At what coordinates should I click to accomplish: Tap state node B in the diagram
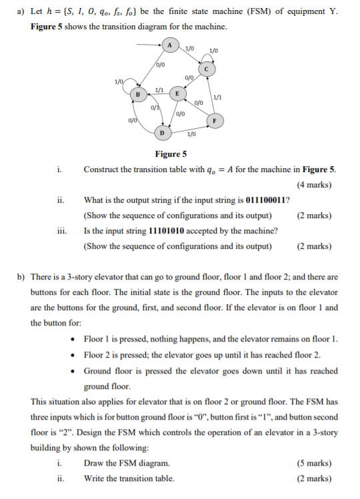coord(138,94)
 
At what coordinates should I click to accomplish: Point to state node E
coord(177,93)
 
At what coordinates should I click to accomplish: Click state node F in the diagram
coord(215,121)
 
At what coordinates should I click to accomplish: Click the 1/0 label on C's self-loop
coord(214,51)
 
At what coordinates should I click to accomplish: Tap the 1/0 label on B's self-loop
coord(119,81)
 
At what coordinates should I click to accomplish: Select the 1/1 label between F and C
coord(217,97)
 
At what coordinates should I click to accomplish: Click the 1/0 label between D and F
coord(192,135)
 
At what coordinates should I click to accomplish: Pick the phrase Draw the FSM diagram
coord(127,463)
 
